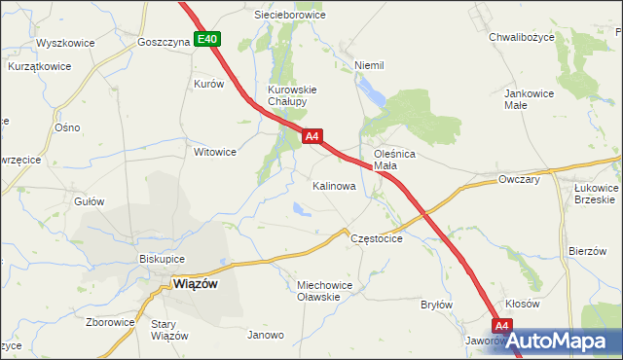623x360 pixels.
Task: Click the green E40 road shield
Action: click(x=207, y=40)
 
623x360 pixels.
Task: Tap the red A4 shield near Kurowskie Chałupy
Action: click(x=311, y=137)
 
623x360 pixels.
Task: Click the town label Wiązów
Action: click(x=195, y=284)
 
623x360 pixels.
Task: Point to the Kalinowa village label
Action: click(x=334, y=185)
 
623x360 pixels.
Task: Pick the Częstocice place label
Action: click(x=376, y=238)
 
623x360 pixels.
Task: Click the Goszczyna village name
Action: click(x=164, y=43)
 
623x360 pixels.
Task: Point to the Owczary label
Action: click(x=519, y=180)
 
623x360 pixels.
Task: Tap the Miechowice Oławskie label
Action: click(x=323, y=291)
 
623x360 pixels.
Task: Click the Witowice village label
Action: click(x=215, y=152)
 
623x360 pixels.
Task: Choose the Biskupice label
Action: click(x=163, y=260)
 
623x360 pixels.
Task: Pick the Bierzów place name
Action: click(x=588, y=251)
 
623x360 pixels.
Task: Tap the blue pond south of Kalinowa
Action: click(x=297, y=206)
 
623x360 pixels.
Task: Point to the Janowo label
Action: click(x=266, y=335)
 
